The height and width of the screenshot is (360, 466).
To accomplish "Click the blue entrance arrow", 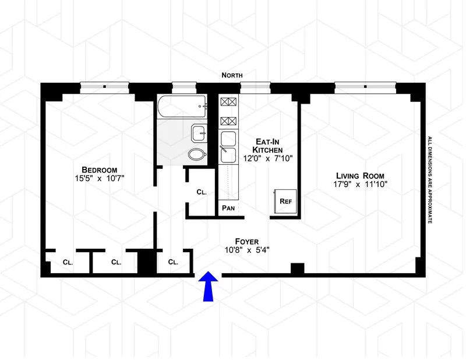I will click(209, 287).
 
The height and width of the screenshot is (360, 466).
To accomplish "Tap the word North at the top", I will click(232, 75).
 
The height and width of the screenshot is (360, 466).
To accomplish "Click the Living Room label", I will click(359, 175).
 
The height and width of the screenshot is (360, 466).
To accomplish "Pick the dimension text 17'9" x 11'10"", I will click(359, 185).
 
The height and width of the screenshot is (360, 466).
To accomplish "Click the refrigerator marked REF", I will click(285, 201).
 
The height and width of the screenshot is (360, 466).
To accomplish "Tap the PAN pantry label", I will click(227, 208).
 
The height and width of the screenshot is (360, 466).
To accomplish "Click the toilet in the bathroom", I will click(197, 154).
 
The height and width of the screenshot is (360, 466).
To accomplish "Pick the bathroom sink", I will click(198, 133).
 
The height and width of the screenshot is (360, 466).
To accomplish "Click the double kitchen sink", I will click(228, 147).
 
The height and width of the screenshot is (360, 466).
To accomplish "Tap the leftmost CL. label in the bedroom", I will click(68, 262).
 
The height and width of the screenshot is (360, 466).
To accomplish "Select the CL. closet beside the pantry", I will click(200, 192).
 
